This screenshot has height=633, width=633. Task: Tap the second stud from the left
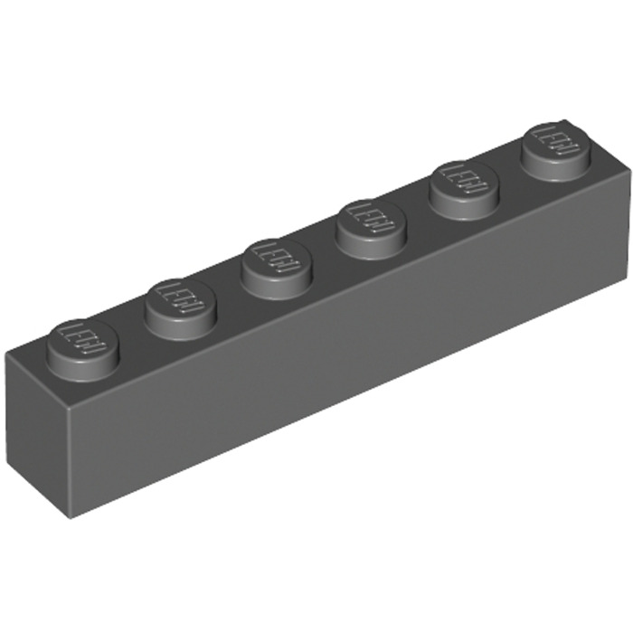(179, 295)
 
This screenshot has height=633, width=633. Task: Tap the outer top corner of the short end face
(13, 354)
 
